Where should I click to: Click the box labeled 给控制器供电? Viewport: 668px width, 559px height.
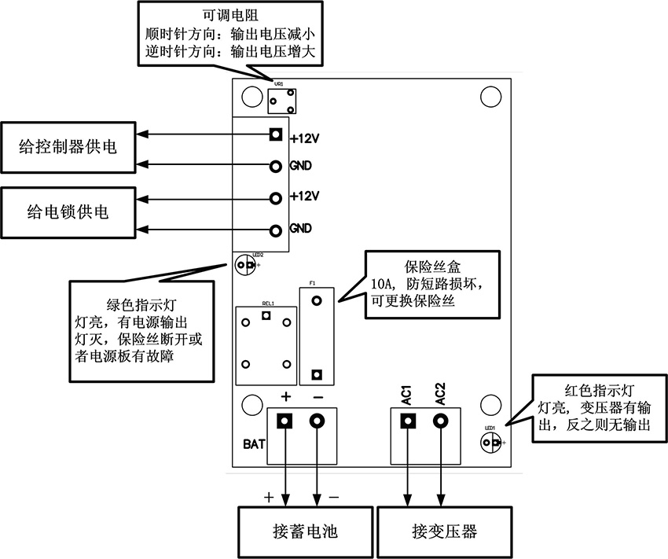coord(68,146)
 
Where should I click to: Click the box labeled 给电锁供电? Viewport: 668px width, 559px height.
coord(68,212)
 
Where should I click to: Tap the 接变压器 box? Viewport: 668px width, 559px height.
coord(444,531)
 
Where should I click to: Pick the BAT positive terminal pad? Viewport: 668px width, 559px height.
coord(285,421)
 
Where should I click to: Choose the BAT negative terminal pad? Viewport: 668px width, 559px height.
coord(318,421)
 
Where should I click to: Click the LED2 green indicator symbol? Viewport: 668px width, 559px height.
coord(247,265)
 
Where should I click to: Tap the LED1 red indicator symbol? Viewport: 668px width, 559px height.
coord(491,443)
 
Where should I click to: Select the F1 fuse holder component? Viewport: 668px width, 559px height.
coord(317,337)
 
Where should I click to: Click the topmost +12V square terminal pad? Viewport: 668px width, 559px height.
coord(275,134)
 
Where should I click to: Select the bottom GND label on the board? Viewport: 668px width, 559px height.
coord(300,228)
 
